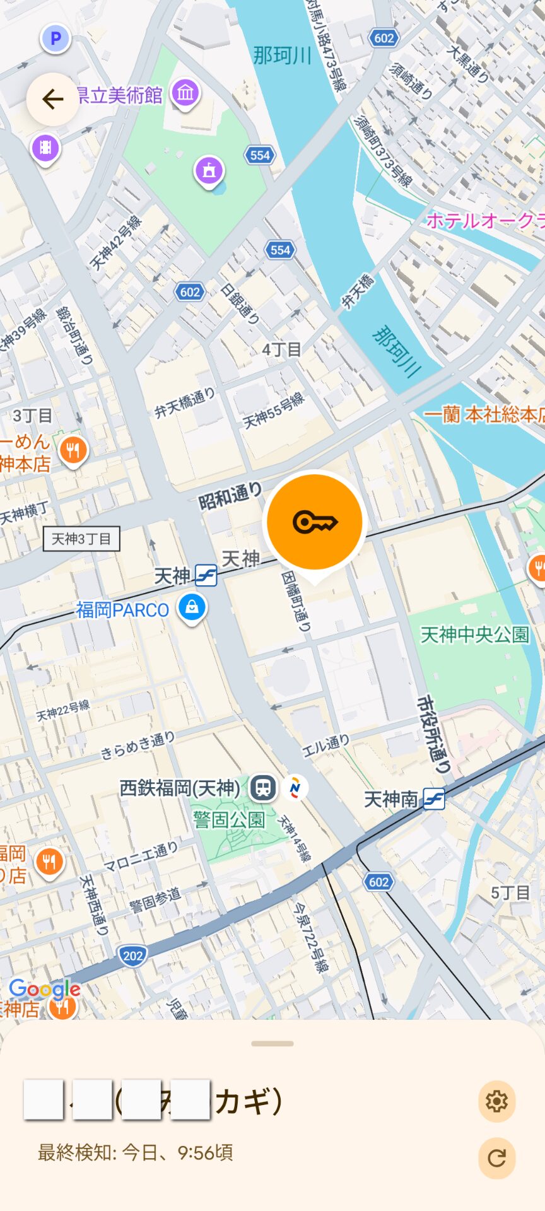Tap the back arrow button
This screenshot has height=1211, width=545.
coord(52,99)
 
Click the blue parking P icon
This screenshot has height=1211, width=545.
coord(56,38)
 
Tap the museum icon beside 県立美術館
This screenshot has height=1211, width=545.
coord(185,93)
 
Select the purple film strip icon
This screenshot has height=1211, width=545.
coord(45,148)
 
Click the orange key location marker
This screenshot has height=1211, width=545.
coord(315,522)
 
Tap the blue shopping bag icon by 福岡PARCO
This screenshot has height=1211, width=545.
coord(192,607)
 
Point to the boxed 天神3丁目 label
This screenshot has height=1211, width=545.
coord(81,539)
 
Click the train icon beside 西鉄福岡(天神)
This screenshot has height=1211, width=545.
coord(263,787)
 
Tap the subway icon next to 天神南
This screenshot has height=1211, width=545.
coord(434,799)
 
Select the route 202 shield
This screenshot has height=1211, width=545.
coord(132,956)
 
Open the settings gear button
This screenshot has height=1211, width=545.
coord(496,1101)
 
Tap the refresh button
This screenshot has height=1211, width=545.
coord(496,1158)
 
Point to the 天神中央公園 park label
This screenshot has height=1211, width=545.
coord(474,635)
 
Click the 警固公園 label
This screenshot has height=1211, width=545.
coord(229,819)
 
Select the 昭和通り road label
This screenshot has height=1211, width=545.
coord(230,496)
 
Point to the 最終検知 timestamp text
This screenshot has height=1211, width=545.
coord(136,1152)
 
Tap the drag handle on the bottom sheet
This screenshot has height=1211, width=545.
coord(272,1044)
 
